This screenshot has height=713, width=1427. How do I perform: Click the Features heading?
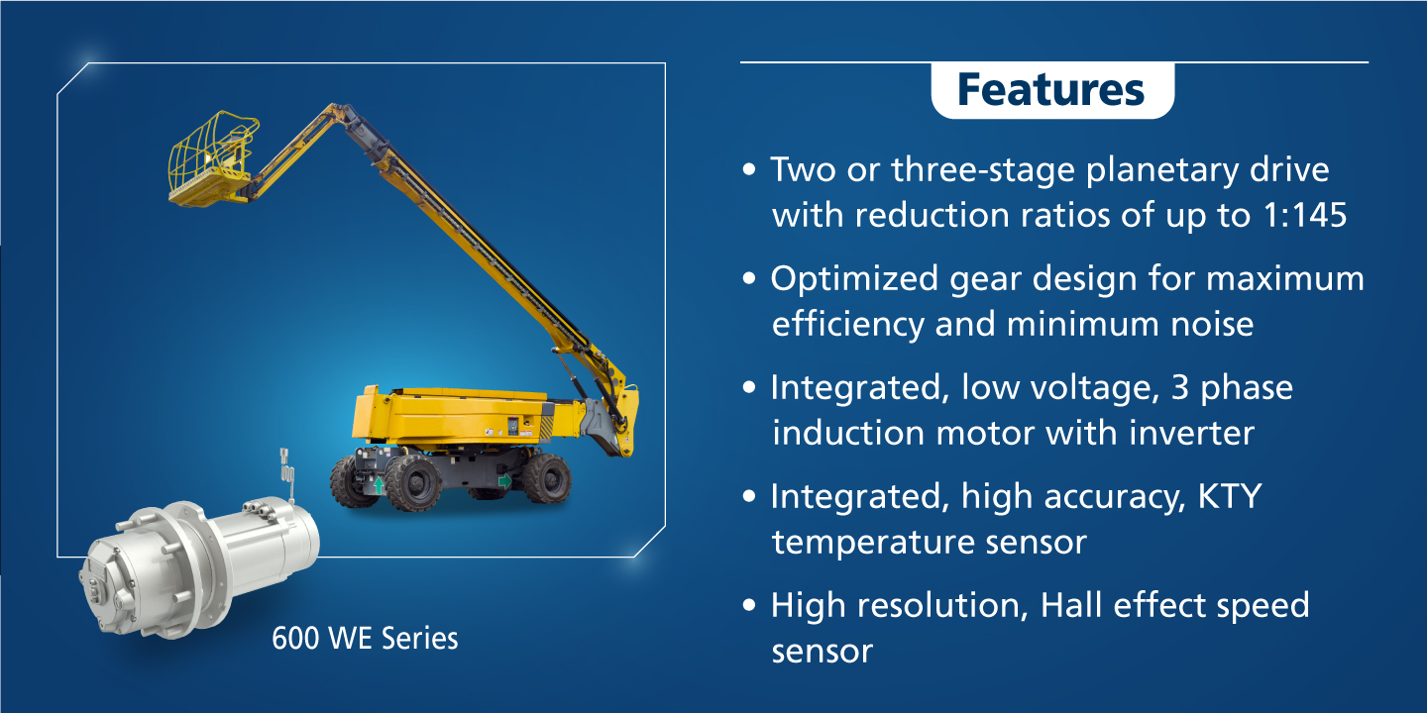(1050, 90)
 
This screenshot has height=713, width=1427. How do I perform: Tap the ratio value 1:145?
(1304, 215)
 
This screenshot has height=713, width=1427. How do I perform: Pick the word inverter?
(1192, 433)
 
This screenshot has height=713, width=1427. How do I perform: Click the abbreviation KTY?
(1230, 496)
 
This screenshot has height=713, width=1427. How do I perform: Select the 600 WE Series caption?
(365, 638)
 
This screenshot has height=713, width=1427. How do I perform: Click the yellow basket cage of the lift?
(213, 158)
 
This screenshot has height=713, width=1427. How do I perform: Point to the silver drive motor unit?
(199, 560)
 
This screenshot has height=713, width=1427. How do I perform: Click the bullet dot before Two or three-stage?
(749, 169)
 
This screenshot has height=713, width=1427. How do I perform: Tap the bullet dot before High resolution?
(749, 605)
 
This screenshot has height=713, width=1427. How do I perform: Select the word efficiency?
(848, 325)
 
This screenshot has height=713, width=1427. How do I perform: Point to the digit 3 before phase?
(1180, 388)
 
